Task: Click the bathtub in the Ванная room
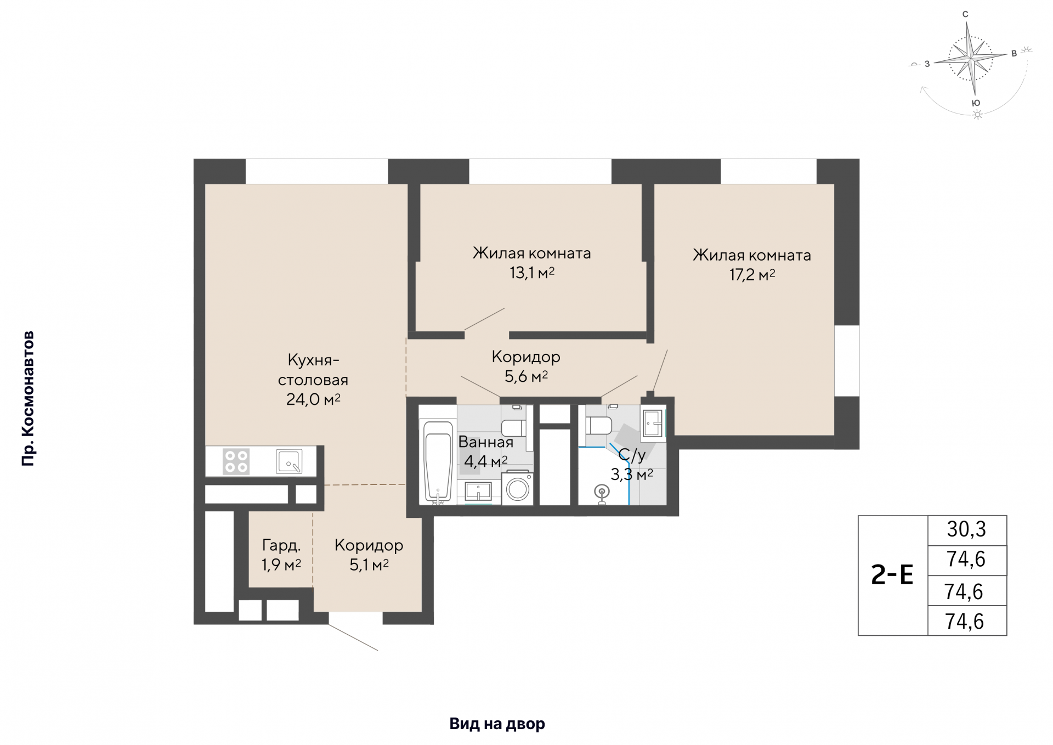tap(438, 461)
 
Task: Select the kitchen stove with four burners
tap(236, 461)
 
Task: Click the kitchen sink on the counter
tap(289, 461)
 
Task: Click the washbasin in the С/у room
tap(653, 423)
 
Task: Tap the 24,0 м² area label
tap(313, 399)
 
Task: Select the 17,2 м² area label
tap(752, 274)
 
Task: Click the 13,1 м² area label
tap(532, 273)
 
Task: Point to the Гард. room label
tap(281, 545)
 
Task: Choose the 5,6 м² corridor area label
tap(526, 376)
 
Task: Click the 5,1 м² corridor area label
tap(369, 565)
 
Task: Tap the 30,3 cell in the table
tap(966, 529)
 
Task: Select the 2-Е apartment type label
tap(892, 575)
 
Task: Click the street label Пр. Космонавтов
tap(27, 399)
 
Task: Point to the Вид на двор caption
tap(497, 724)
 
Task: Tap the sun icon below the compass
tap(977, 115)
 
